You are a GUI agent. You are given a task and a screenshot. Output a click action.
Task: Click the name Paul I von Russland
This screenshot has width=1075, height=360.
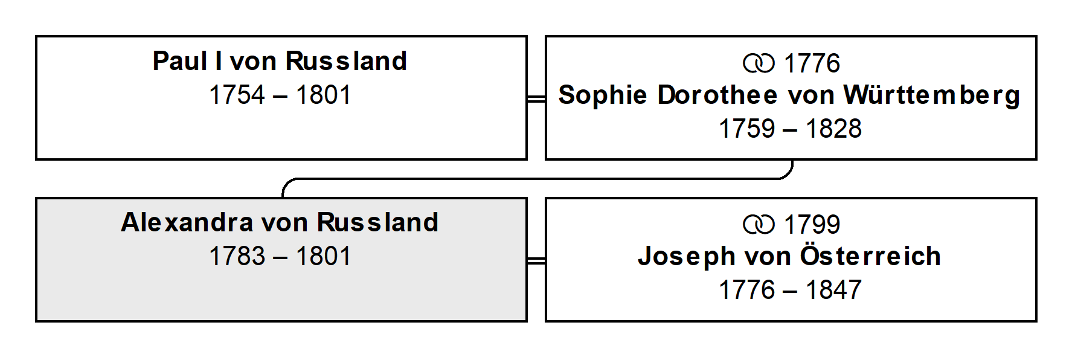coord(280,61)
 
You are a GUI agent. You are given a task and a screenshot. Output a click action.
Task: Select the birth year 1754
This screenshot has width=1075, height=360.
coord(237,95)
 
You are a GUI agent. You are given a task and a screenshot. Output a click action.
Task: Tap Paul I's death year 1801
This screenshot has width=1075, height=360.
coord(323,95)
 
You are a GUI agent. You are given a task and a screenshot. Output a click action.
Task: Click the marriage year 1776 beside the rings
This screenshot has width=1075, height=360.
coord(812,63)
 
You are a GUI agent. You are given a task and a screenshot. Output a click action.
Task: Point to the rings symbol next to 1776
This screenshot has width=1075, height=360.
coord(759,63)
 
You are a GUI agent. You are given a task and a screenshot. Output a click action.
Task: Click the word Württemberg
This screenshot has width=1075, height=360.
coord(932,95)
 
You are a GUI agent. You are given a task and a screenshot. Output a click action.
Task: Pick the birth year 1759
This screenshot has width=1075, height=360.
coord(746,129)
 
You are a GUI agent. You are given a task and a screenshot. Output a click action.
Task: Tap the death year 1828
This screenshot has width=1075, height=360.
coord(833,129)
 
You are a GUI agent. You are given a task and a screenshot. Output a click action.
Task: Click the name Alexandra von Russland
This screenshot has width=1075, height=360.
coord(280,222)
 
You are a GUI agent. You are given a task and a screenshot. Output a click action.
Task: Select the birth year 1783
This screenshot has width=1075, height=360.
coord(237,256)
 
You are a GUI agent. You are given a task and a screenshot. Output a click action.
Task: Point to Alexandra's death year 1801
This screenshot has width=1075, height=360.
coord(323,256)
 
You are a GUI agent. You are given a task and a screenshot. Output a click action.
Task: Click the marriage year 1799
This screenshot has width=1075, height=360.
coord(812,225)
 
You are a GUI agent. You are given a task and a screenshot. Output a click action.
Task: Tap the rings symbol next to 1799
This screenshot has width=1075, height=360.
coord(759,225)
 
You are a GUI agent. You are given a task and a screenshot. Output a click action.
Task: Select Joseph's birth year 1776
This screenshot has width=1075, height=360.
coord(746,290)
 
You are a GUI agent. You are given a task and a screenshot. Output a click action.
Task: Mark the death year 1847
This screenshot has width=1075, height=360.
coord(833,290)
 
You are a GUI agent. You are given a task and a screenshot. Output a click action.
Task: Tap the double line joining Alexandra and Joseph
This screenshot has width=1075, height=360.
coord(536,260)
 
